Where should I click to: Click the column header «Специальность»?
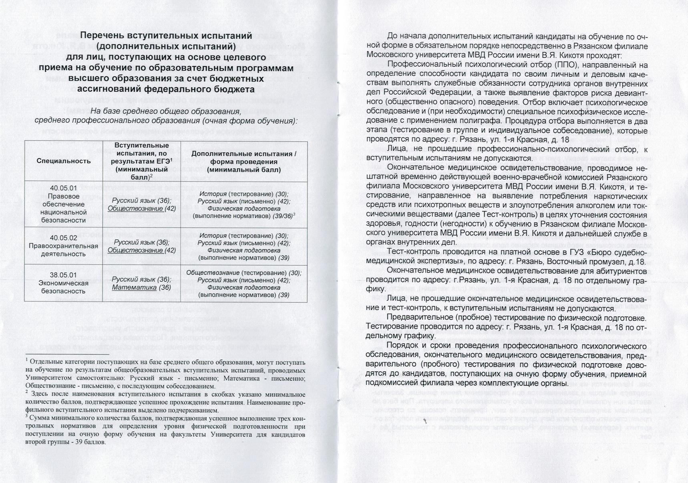tap(63, 161)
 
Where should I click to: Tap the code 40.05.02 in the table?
tap(63, 238)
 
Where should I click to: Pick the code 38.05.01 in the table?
tap(63, 275)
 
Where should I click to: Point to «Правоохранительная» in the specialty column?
tap(63, 246)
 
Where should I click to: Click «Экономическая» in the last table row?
tap(63, 283)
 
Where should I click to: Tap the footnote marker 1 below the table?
tap(26, 360)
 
